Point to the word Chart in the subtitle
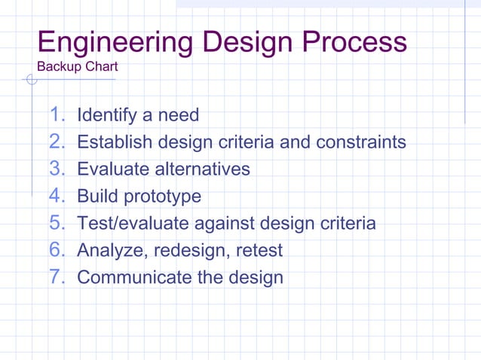coord(101,67)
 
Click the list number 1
coord(57,115)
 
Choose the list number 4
coord(57,197)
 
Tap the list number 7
coord(57,277)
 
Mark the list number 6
coord(57,250)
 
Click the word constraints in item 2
coord(361,142)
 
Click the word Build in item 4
coord(97,197)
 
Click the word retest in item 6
coord(259,251)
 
